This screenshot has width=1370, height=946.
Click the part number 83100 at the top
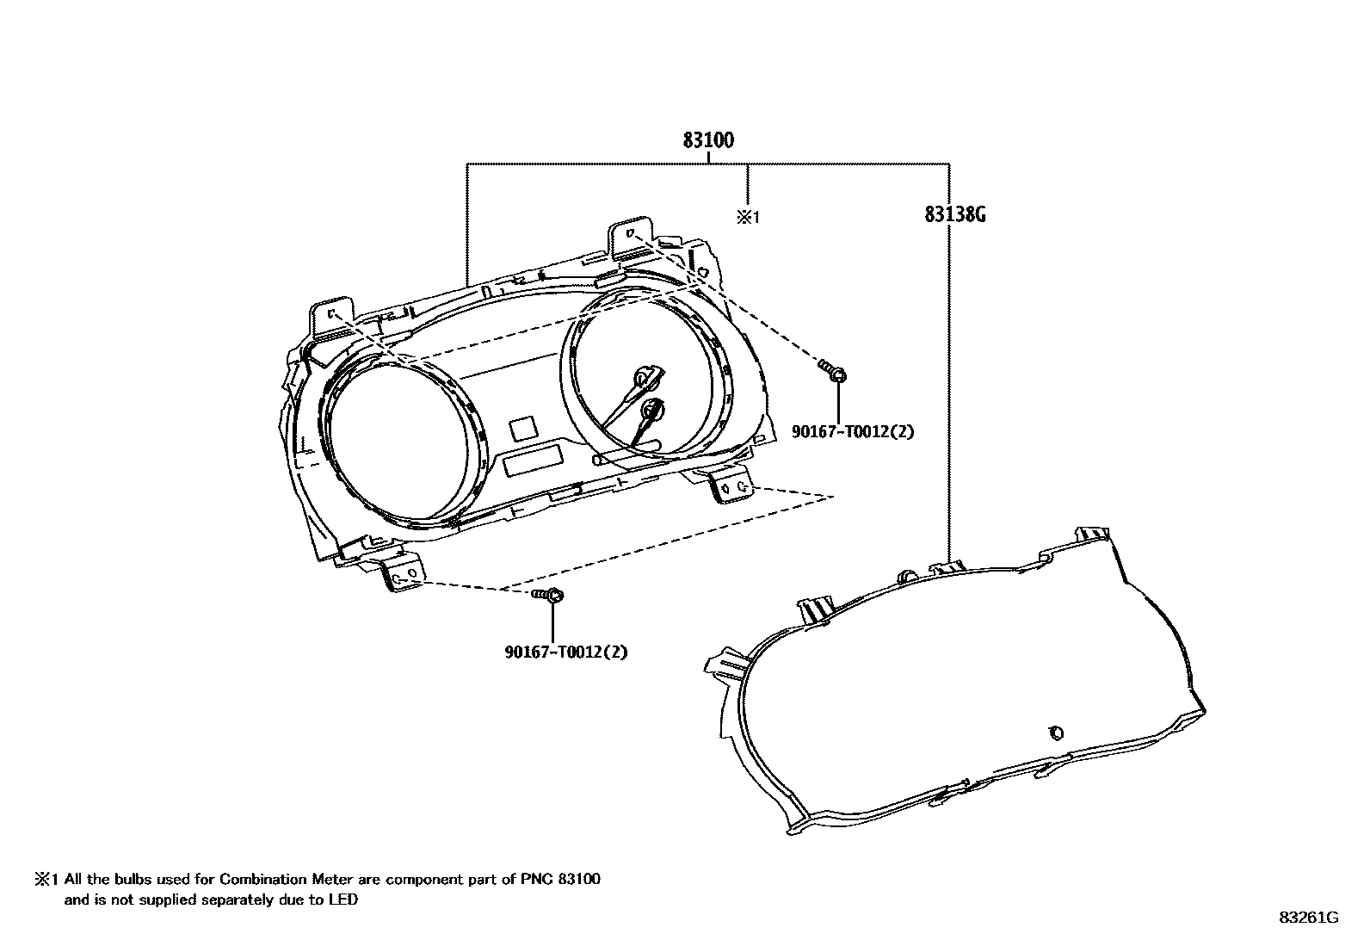click(x=708, y=140)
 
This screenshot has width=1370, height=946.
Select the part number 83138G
click(x=954, y=214)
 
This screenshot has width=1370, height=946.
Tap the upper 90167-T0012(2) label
click(x=852, y=431)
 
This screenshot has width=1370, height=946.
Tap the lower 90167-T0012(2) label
click(x=565, y=652)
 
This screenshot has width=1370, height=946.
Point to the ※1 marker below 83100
click(x=747, y=217)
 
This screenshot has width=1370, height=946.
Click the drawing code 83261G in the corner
click(x=1308, y=918)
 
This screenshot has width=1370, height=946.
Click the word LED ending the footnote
click(x=344, y=900)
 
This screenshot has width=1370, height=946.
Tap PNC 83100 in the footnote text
click(x=560, y=880)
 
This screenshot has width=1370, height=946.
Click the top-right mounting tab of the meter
click(x=633, y=238)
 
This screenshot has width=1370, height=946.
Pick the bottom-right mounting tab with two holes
click(x=732, y=487)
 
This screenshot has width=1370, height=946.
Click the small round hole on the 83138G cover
click(x=1055, y=733)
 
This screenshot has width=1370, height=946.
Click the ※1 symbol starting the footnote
click(x=45, y=880)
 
